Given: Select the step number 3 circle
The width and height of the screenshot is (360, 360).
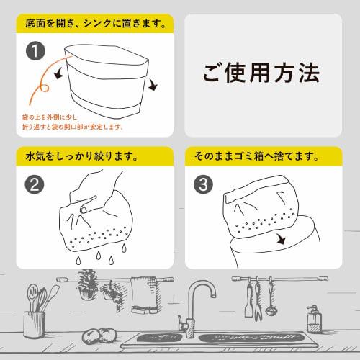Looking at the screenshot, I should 204,184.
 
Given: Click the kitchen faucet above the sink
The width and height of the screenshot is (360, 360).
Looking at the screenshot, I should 196,303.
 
